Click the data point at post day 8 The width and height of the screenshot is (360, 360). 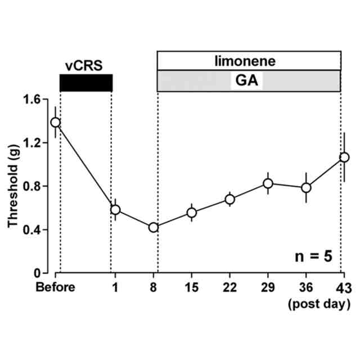(x=153, y=227)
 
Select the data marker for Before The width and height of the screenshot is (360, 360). (x=55, y=122)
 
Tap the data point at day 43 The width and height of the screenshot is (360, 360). (x=344, y=157)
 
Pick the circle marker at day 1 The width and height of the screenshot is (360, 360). (x=115, y=210)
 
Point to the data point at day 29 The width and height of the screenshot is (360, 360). (x=268, y=183)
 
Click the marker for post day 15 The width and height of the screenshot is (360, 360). (x=191, y=213)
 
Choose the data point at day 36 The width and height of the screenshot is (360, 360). (x=306, y=187)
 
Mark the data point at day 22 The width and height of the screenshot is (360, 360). (x=229, y=199)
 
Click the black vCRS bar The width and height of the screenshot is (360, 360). (x=86, y=82)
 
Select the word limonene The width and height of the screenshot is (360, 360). (x=249, y=59)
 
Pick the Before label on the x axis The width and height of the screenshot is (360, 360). (x=55, y=289)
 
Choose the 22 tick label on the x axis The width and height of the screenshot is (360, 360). (x=229, y=289)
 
